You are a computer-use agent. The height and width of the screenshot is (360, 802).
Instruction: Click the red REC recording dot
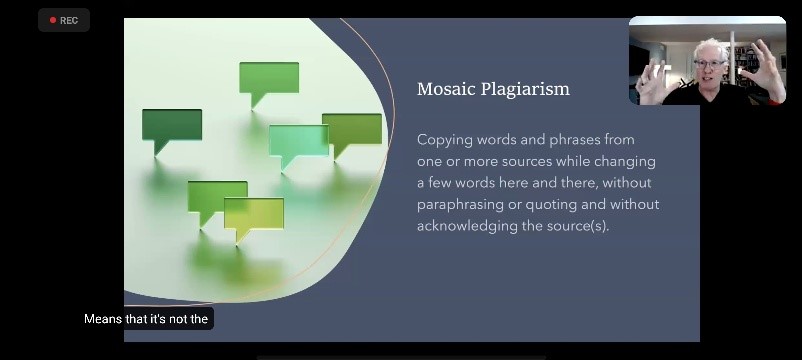(53, 20)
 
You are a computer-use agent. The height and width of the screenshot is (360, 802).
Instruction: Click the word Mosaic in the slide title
(444, 89)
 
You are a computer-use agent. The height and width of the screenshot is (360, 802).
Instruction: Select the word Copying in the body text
(444, 140)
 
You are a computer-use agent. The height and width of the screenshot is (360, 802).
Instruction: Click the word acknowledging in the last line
(467, 227)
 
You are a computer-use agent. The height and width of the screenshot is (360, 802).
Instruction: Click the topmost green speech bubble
(269, 83)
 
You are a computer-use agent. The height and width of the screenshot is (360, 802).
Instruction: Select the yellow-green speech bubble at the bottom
(254, 218)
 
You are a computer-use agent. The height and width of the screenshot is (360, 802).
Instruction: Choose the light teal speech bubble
(298, 145)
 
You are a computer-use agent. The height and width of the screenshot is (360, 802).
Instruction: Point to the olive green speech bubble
(352, 134)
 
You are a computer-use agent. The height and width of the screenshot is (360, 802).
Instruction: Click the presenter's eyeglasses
(710, 64)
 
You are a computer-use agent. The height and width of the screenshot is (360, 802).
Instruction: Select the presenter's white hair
(711, 48)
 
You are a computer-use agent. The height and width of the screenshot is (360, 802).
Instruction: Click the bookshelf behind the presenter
(746, 60)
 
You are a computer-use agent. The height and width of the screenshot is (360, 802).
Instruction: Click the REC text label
(69, 20)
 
